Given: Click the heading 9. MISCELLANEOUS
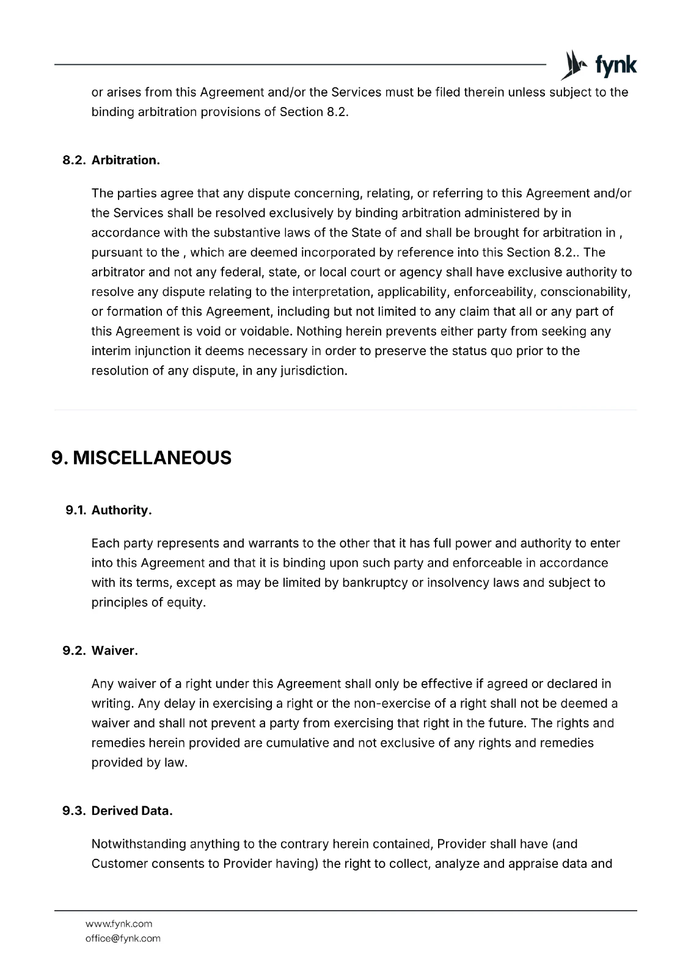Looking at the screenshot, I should coord(142,457).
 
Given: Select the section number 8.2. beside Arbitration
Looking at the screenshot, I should coord(75,160).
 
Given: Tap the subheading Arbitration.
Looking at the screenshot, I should coord(126,160).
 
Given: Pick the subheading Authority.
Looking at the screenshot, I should coord(122,510).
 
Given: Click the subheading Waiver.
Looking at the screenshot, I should coord(115,650).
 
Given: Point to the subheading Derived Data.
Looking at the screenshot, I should coord(132,811).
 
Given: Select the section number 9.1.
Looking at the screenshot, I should coord(76,510).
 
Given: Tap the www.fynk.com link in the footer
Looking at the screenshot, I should coord(119,924).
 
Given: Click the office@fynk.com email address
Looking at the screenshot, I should coord(123,938).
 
